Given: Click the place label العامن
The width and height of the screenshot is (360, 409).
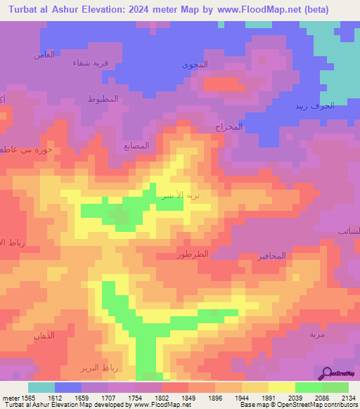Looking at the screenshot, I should click(x=44, y=55).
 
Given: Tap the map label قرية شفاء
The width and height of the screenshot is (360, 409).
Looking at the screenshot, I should click(x=91, y=63).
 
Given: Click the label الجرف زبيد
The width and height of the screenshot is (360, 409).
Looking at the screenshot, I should click(x=314, y=106).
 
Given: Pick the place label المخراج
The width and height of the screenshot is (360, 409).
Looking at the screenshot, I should click(x=229, y=127).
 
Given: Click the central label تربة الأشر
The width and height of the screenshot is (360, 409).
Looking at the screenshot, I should click(x=174, y=194).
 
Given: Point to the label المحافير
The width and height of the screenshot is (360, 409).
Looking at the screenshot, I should click(x=268, y=256).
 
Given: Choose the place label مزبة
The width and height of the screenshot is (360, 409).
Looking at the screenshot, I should click(x=317, y=334).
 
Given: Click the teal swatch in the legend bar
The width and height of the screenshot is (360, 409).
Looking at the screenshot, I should click(x=41, y=387).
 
